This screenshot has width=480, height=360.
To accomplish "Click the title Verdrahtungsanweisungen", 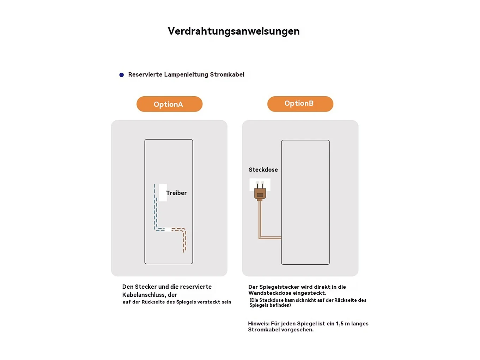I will (233, 31).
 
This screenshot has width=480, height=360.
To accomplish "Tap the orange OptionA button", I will (169, 104).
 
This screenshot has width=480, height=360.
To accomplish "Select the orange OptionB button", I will (300, 104).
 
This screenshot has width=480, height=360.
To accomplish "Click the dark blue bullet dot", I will (122, 75).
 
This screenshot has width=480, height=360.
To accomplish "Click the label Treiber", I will (176, 193).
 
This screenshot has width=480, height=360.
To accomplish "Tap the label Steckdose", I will (263, 170).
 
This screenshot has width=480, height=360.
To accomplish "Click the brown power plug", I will (260, 193).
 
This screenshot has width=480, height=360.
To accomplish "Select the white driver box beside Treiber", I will (163, 193).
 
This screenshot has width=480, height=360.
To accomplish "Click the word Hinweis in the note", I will (259, 324).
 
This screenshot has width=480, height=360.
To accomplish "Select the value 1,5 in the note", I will (339, 324).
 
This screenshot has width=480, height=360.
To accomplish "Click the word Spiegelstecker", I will (279, 287).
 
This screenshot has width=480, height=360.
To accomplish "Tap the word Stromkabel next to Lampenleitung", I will (227, 74).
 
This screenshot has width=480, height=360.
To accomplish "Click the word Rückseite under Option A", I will (152, 302).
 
